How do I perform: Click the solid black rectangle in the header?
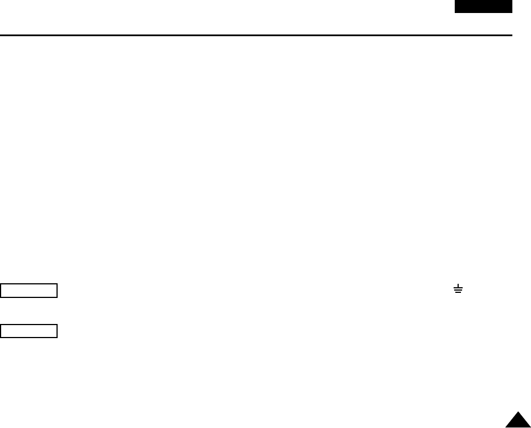click(x=484, y=6)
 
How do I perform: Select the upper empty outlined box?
click(x=29, y=291)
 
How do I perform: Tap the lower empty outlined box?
click(x=29, y=331)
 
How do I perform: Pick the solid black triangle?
click(x=518, y=421)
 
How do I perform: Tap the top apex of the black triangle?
click(x=518, y=413)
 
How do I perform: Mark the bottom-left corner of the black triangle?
click(x=506, y=427)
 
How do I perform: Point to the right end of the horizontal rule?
click(x=512, y=36)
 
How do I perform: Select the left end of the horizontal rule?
click(x=1, y=36)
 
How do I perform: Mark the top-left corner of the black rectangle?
click(x=455, y=1)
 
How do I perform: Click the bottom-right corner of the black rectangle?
click(x=512, y=12)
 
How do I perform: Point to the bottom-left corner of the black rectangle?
click(x=455, y=12)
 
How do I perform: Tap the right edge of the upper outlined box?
click(x=58, y=291)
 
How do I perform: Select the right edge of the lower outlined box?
click(x=58, y=331)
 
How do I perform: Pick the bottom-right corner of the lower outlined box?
click(x=58, y=337)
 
